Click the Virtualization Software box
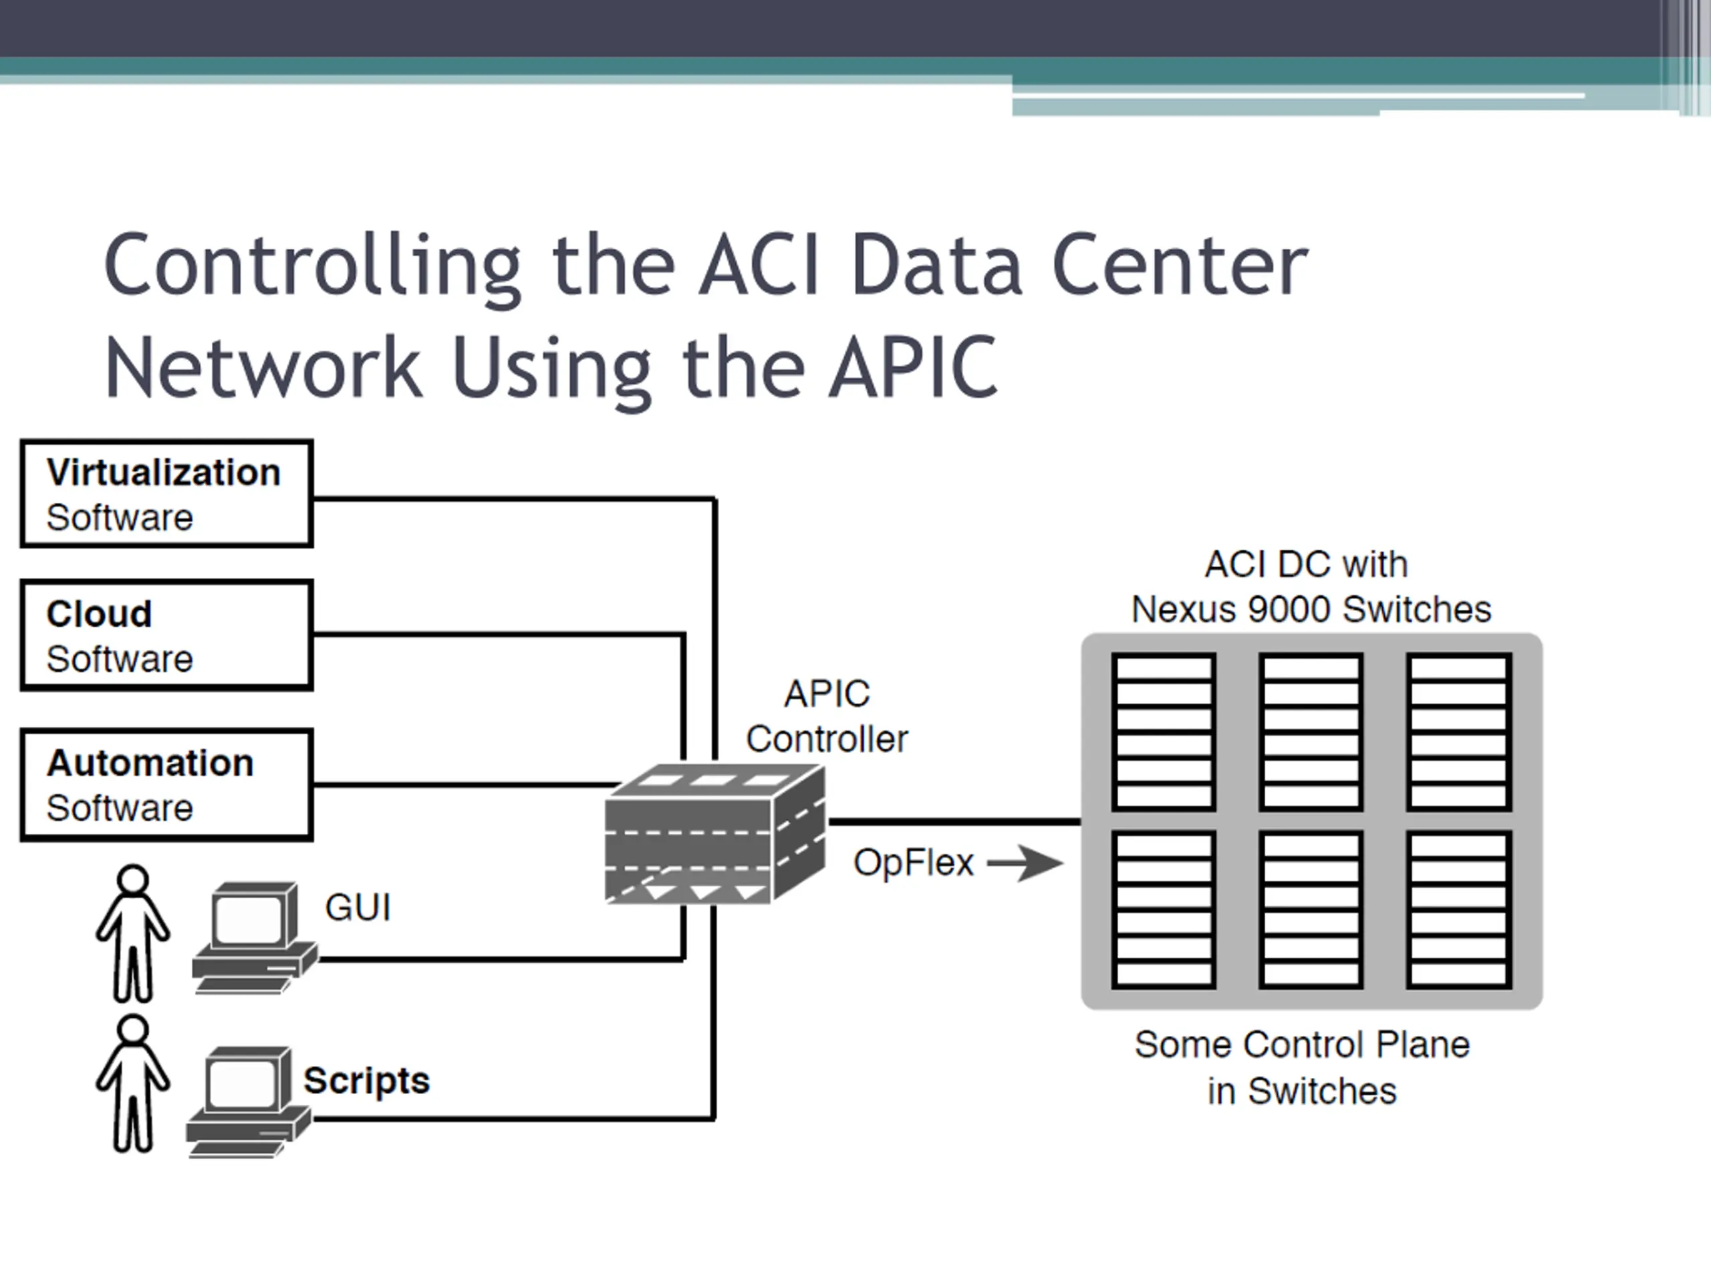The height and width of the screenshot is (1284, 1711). (166, 494)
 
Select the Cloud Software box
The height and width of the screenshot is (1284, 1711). (166, 635)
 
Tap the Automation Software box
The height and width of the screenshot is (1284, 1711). (166, 785)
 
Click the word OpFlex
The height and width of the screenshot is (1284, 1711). (913, 863)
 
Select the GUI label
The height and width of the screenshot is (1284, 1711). (358, 907)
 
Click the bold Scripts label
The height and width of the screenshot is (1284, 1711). (366, 1081)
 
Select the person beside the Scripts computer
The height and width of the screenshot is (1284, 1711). (132, 1083)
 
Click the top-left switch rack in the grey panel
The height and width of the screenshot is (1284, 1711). (1164, 732)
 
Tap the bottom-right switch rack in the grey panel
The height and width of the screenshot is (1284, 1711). (1459, 909)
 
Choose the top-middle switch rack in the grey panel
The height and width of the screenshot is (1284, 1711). (1311, 732)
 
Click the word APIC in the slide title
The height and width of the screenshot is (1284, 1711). (913, 367)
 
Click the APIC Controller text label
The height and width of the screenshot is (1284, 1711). (826, 717)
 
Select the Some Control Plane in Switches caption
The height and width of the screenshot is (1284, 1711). (1302, 1068)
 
